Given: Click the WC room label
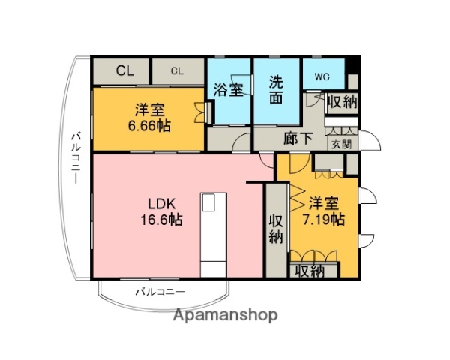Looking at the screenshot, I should [322, 76].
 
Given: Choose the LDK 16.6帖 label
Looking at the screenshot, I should [163, 211].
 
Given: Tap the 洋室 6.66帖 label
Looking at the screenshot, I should [148, 117].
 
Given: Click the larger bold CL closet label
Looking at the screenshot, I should [124, 71].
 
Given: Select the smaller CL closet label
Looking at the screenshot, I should [177, 71].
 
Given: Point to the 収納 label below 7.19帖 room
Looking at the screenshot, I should [308, 271].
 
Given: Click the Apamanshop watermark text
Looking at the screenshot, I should [225, 315].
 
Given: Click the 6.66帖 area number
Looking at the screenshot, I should [148, 125].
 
